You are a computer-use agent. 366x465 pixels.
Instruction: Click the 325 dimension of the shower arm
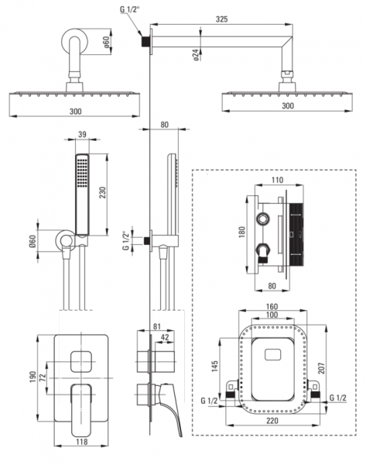click(x=221, y=19)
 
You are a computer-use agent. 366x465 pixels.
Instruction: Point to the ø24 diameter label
click(x=196, y=55)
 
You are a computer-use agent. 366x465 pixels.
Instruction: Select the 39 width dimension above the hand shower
click(x=82, y=134)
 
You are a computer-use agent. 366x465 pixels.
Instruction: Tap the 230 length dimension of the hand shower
click(x=102, y=193)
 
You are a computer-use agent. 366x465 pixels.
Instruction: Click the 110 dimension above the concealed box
click(x=277, y=180)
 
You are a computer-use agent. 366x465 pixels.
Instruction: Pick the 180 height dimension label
click(x=242, y=232)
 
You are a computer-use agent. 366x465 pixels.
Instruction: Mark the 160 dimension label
click(x=272, y=306)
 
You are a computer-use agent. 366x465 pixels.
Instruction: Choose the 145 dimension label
click(x=214, y=366)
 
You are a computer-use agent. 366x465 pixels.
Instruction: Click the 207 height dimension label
click(x=322, y=368)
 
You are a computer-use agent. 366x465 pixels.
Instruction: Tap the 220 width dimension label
click(x=272, y=421)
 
